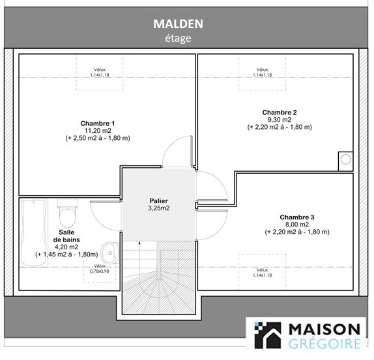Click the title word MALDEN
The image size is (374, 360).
coord(178,24)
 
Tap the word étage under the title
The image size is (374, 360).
coord(178,38)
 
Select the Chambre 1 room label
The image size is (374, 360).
coord(98,124)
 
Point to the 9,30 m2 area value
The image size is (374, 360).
coord(280,120)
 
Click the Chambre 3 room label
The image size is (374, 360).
coord(297,217)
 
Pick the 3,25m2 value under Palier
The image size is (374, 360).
coord(158,208)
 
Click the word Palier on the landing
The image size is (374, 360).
coord(158,201)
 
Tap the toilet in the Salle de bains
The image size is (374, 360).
coord(68,213)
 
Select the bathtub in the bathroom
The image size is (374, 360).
coord(34,232)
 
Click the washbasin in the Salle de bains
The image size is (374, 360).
coord(109,253)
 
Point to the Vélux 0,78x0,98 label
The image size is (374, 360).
coord(100,268)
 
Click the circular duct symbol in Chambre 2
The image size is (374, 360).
coord(345,159)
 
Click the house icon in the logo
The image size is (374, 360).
coord(268,335)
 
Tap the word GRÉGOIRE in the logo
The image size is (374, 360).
coord(324,344)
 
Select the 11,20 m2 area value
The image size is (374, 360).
coord(98,131)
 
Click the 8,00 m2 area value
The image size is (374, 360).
coord(297,225)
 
